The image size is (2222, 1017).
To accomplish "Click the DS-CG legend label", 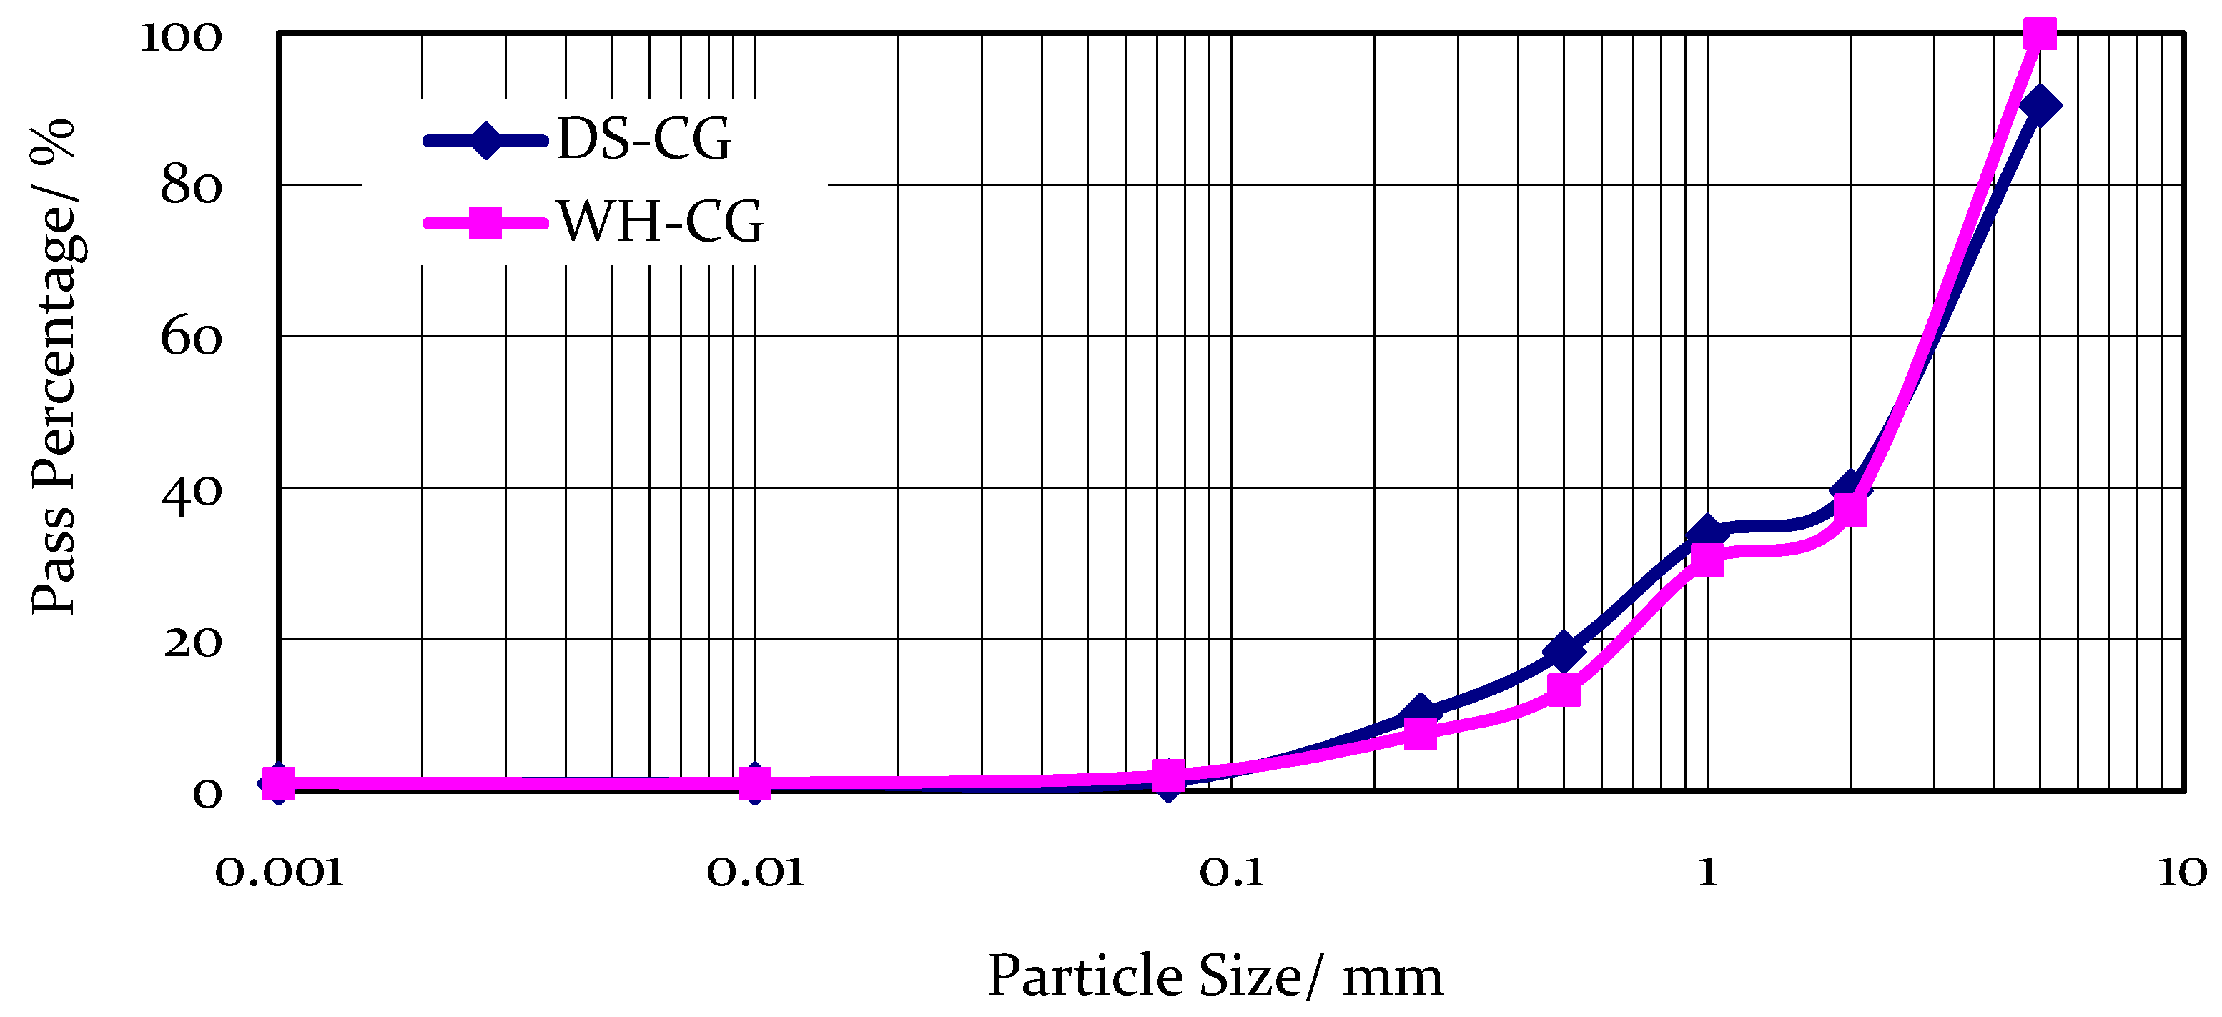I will (x=643, y=139).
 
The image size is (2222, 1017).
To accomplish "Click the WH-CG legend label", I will (x=661, y=222).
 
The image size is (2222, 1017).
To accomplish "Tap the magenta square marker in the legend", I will (x=485, y=222).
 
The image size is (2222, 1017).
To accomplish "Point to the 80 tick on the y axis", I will (x=191, y=187).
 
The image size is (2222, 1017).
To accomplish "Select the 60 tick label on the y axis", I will (x=191, y=337).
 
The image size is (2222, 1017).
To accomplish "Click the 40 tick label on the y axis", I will (x=191, y=492).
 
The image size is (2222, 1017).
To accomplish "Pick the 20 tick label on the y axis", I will (x=192, y=643).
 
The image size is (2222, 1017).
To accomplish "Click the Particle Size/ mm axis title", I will (x=1215, y=976).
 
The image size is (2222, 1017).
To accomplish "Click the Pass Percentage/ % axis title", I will (x=54, y=367).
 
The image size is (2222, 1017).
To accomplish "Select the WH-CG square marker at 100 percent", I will (x=2039, y=34).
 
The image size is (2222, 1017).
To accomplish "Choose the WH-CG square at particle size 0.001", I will (x=279, y=783).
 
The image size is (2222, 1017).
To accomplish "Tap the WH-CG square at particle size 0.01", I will (x=755, y=783).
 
